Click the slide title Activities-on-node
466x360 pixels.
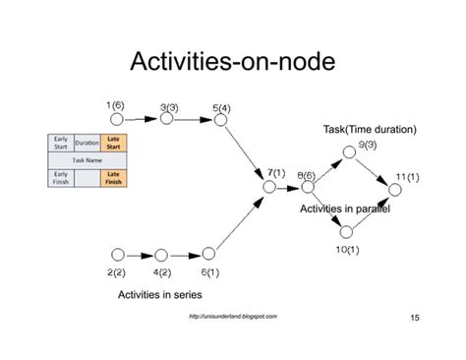tap(233, 64)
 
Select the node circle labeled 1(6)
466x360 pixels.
tap(119, 118)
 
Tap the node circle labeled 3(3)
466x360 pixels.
tap(167, 118)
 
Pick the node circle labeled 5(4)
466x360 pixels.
tap(220, 120)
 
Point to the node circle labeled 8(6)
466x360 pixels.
tap(308, 186)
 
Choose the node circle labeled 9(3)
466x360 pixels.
tap(348, 152)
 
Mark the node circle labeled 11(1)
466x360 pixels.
tap(395, 189)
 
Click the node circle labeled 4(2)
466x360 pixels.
tap(161, 255)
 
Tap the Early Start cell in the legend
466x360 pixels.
tap(61, 143)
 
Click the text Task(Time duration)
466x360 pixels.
tap(370, 129)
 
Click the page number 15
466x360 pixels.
tap(413, 318)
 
